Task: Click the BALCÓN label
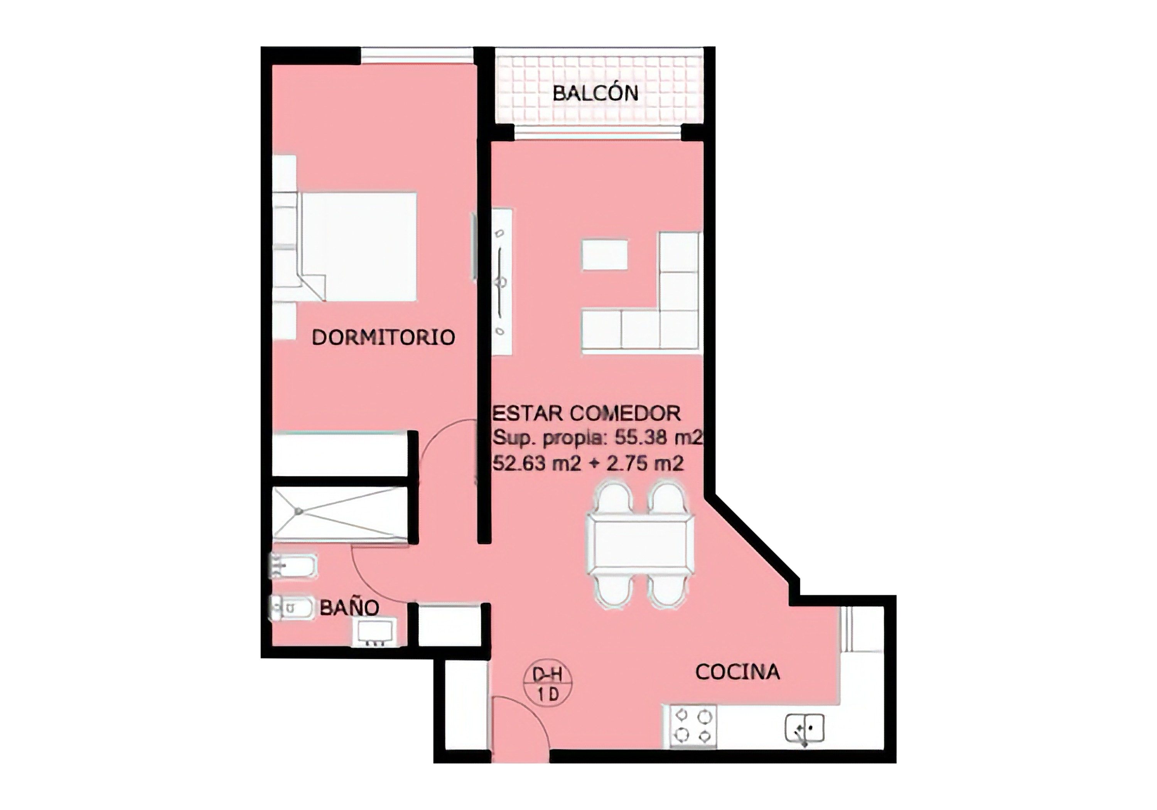pyautogui.click(x=595, y=93)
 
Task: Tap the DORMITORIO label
pyautogui.click(x=383, y=337)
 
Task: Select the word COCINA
pyautogui.click(x=737, y=672)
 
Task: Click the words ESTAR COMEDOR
pyautogui.click(x=587, y=413)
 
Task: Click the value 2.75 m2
pyautogui.click(x=645, y=463)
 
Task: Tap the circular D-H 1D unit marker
pyautogui.click(x=548, y=685)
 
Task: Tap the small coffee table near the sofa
pyautogui.click(x=605, y=255)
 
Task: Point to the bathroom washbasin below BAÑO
pyautogui.click(x=374, y=633)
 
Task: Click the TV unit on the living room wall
pyautogui.click(x=502, y=282)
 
